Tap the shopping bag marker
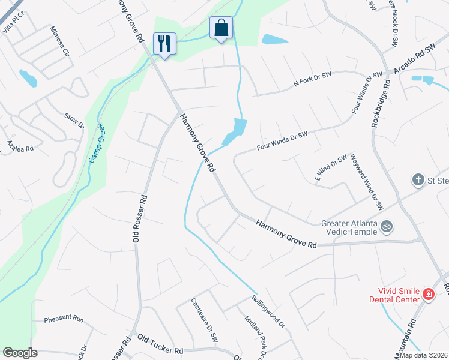[x=221, y=28]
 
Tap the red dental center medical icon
[x=429, y=294]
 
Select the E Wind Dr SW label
[x=331, y=168]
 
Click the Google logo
[x=20, y=353]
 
